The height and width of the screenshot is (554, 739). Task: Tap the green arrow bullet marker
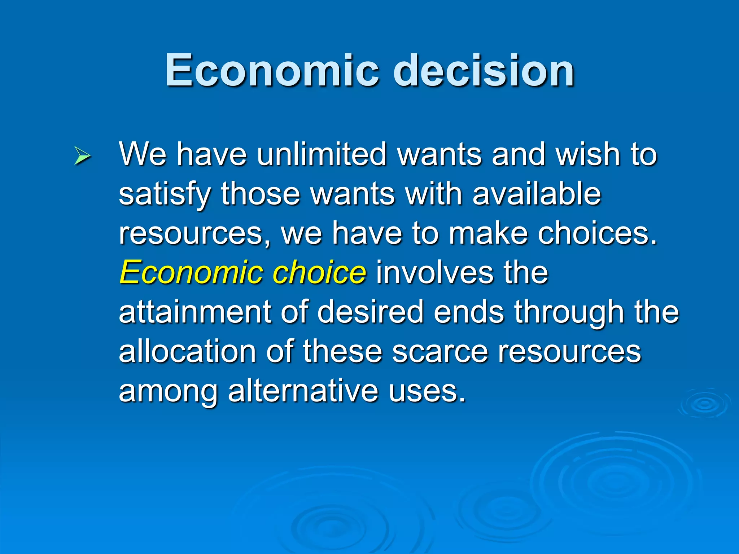[82, 156]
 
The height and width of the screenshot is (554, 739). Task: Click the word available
[537, 194]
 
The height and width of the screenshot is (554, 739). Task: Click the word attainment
[195, 312]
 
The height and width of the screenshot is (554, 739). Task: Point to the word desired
[370, 312]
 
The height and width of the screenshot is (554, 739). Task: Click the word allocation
[187, 352]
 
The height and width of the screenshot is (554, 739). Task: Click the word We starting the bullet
[143, 154]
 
